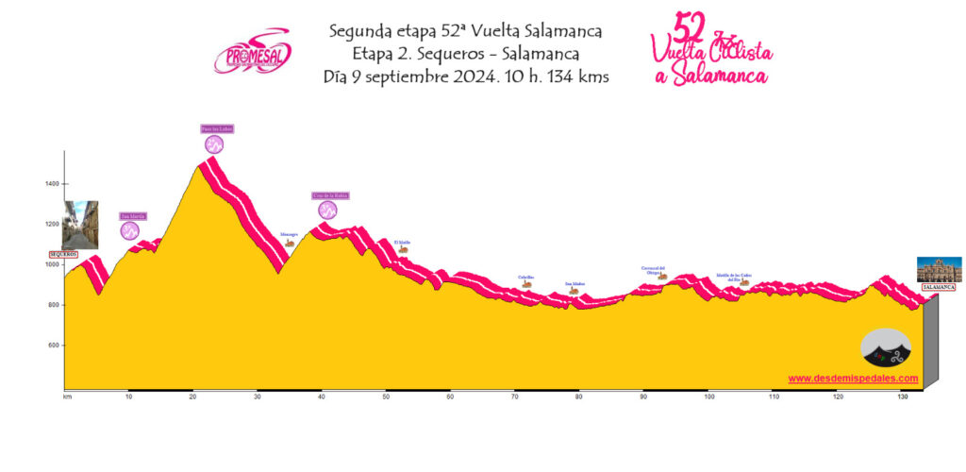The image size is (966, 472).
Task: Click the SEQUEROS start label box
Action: point(62,254)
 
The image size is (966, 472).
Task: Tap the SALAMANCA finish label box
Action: point(939,286)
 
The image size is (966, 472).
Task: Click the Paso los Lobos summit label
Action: point(216,128)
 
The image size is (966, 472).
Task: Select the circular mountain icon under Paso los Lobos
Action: point(215,144)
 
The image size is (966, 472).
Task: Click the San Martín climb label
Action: point(133,215)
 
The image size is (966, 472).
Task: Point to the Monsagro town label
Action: point(289,234)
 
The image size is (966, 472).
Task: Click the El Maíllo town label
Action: point(402,242)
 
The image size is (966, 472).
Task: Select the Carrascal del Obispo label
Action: point(654,270)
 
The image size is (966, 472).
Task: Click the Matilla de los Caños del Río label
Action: point(733,278)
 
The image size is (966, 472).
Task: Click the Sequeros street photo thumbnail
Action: point(80,225)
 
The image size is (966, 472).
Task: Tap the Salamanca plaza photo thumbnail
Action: point(939,269)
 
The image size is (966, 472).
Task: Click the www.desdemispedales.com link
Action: point(853,379)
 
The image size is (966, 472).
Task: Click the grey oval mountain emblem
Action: point(886,347)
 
